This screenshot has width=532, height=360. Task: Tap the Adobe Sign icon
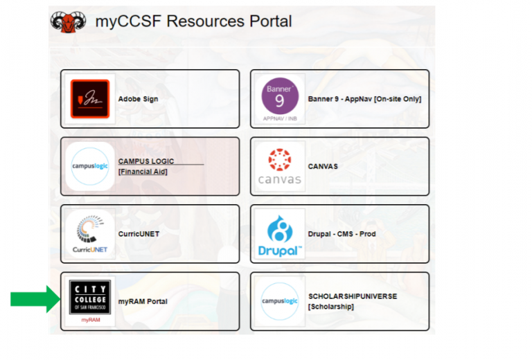pos(89,99)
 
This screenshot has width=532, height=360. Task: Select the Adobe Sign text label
pos(138,99)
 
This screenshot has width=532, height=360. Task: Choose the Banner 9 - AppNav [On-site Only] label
pos(364,99)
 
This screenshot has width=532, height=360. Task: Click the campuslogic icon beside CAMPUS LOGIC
pos(89,166)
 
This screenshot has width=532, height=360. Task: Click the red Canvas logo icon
pos(279,160)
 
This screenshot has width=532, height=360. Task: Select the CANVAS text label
pos(323,166)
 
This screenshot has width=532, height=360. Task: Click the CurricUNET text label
pos(139,234)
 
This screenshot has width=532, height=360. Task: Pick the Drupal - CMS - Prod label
pos(342,234)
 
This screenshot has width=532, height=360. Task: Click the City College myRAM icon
pos(89,300)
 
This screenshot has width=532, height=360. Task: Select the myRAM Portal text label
pos(143,301)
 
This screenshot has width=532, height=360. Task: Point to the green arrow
pos(35,299)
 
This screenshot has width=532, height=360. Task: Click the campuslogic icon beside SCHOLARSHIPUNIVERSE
pos(279,301)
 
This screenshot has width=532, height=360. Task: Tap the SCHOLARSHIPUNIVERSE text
pos(353,296)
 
